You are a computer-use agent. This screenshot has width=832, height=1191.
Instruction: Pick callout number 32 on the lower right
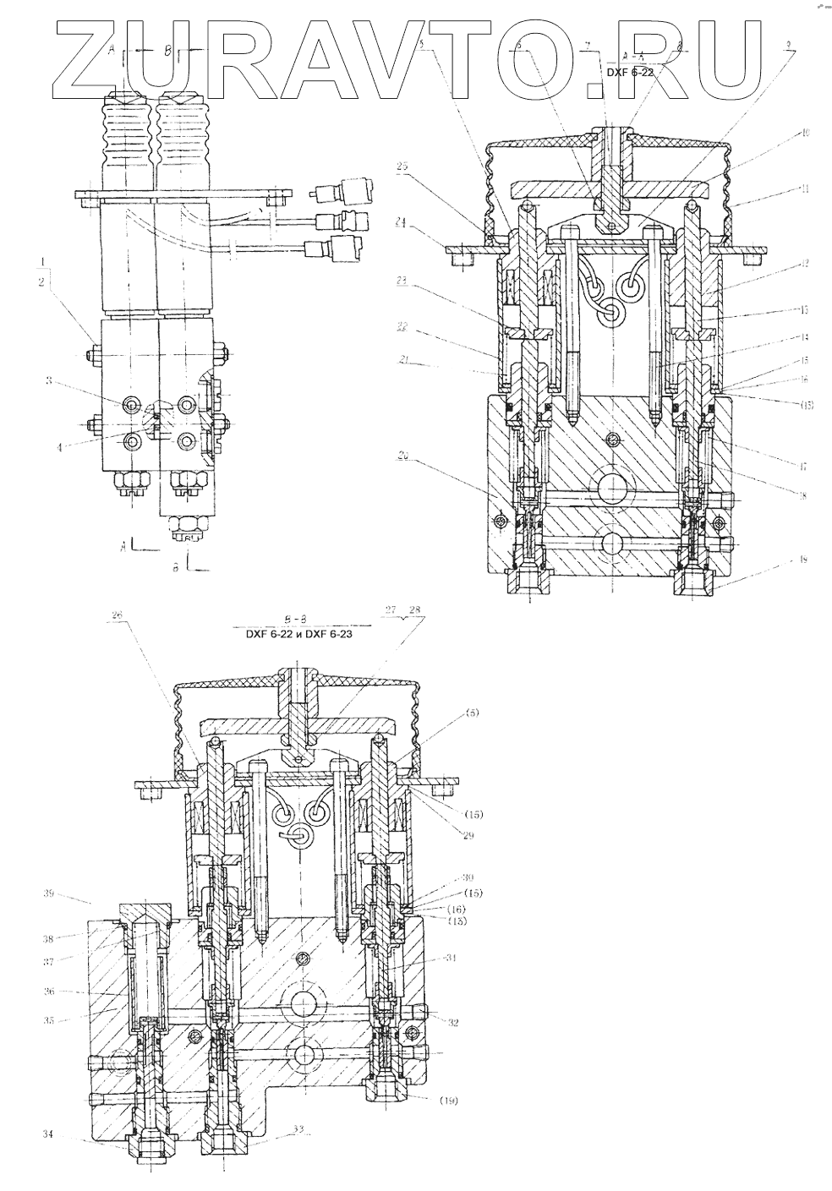pos(453,1022)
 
